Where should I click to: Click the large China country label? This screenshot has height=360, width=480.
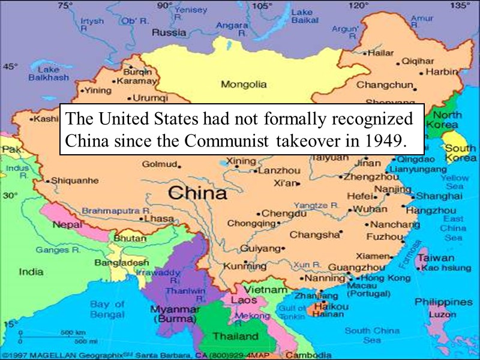[x=197, y=193]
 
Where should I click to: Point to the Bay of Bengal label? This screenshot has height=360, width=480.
[x=107, y=309]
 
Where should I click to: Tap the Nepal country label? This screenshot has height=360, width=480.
[x=67, y=225]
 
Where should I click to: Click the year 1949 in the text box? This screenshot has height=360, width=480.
[x=385, y=142]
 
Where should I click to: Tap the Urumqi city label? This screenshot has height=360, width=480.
[x=147, y=97]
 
